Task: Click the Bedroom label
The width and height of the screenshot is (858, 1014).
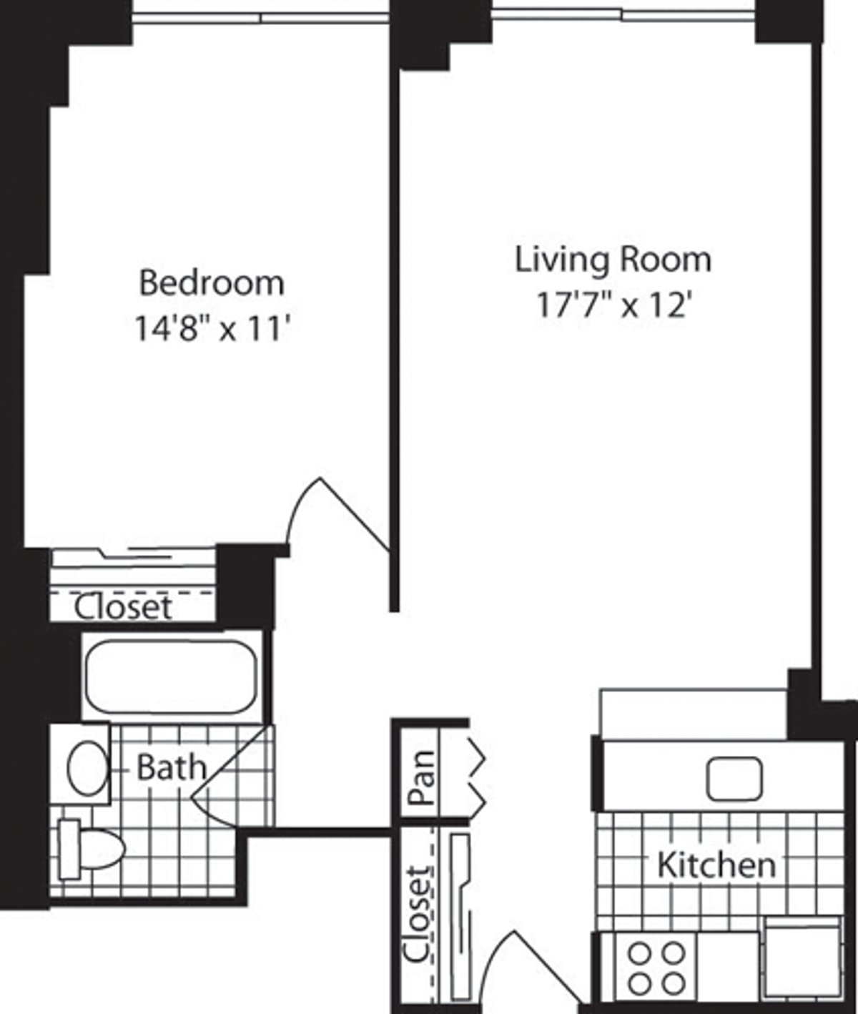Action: (211, 282)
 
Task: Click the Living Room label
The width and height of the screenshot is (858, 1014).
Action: (613, 259)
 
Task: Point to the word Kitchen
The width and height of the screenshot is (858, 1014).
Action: (716, 865)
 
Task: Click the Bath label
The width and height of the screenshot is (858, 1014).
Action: (171, 768)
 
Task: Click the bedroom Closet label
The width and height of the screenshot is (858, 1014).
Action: (123, 608)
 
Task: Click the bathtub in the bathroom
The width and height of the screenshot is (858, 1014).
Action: (171, 676)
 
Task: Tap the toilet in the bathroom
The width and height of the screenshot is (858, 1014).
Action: (89, 849)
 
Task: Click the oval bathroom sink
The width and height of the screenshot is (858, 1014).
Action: (87, 768)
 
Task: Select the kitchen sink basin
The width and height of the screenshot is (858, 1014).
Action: (734, 779)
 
